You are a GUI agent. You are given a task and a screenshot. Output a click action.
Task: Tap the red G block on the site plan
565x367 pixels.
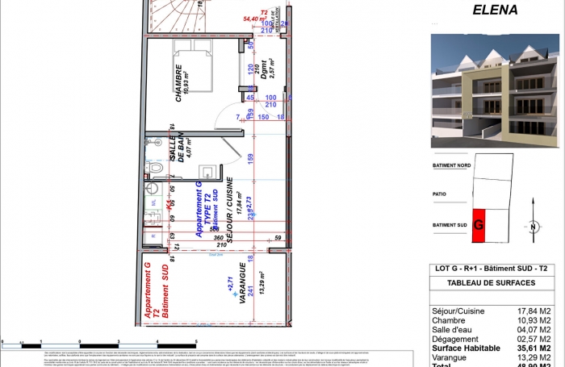click(x=479, y=225)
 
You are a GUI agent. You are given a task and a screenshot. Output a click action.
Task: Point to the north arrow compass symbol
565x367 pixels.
click(x=533, y=227)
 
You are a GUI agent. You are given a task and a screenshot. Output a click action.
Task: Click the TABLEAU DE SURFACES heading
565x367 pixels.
click(x=490, y=283)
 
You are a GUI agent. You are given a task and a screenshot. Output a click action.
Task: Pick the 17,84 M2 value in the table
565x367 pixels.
click(x=533, y=309)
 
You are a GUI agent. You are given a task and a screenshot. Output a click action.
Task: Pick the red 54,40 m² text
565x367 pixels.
click(x=255, y=18)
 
